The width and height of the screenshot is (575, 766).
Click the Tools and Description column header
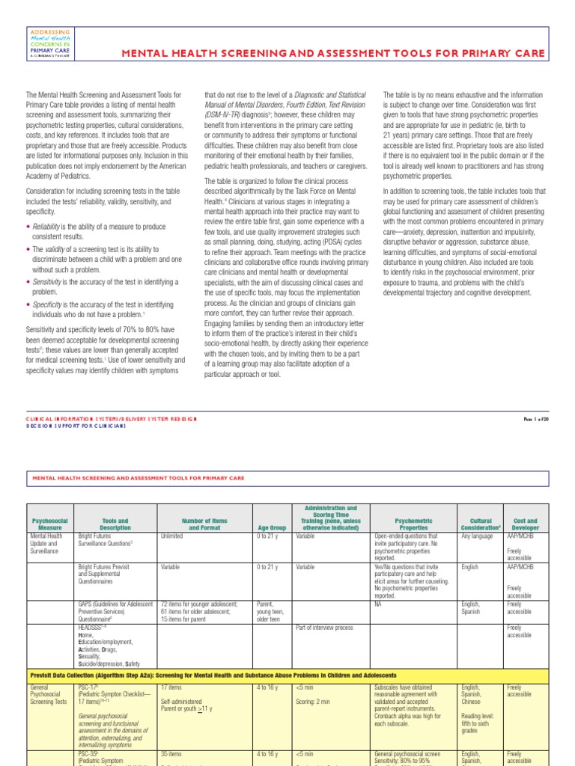click(114, 524)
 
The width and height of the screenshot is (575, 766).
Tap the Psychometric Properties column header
click(413, 524)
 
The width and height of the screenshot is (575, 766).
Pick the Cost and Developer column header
click(524, 524)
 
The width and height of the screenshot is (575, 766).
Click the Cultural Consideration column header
click(479, 524)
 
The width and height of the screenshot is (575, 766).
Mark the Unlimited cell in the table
click(173, 536)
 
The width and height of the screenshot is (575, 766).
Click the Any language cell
click(476, 536)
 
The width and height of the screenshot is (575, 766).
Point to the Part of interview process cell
click(324, 628)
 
